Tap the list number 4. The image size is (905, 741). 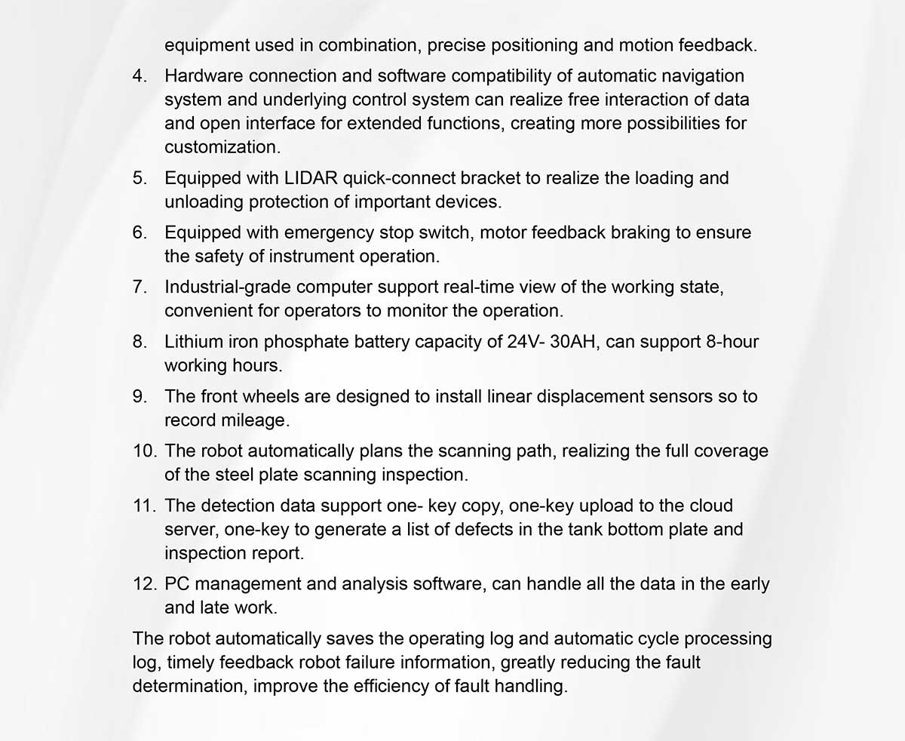pos(140,76)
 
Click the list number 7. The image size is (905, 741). pos(140,287)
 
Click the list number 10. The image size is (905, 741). pos(143,451)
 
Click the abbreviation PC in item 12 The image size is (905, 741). pos(176,584)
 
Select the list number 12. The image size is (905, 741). pos(143,584)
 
